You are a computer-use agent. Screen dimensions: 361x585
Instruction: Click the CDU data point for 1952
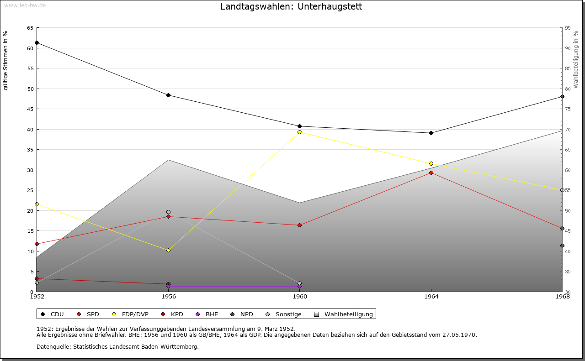pos(37,42)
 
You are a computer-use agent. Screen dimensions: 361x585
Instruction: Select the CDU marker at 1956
pos(168,95)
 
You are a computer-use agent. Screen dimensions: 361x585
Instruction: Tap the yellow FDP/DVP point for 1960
pos(299,132)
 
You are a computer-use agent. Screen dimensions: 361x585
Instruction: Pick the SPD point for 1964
pos(431,173)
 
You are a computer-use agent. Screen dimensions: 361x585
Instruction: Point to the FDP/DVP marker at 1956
pos(168,250)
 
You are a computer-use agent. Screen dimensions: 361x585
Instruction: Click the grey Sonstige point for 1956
pos(168,212)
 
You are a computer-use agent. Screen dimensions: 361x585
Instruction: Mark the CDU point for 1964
pos(431,133)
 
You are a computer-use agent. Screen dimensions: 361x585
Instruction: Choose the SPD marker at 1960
pos(299,225)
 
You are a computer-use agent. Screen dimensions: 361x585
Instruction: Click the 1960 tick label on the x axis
pos(300,297)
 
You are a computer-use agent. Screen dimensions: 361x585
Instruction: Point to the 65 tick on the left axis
pos(30,28)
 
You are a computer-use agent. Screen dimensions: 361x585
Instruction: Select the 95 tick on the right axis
pos(568,28)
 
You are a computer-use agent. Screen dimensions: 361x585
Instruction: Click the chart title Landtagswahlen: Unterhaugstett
pos(291,6)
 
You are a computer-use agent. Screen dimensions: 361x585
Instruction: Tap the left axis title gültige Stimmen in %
pos(6,60)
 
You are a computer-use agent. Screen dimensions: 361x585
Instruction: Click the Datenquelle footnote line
pos(117,346)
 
